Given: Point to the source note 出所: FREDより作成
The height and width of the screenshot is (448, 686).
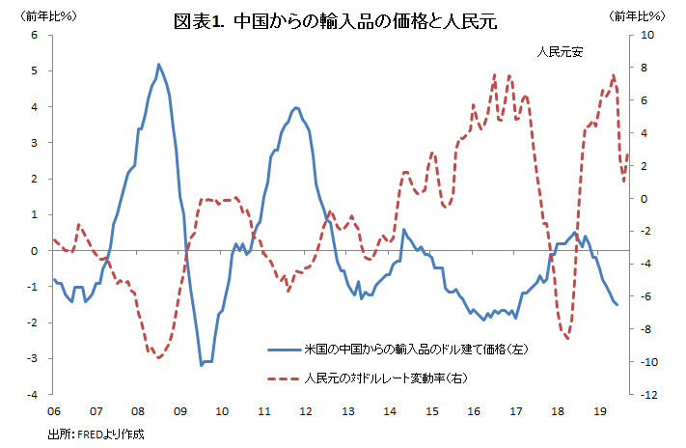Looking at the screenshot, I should [96, 434].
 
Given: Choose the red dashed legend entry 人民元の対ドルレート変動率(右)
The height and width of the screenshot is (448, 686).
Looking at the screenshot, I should [386, 378].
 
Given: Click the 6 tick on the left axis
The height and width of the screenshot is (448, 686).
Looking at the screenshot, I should [34, 35].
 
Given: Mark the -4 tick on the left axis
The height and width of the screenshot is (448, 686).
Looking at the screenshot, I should [32, 395].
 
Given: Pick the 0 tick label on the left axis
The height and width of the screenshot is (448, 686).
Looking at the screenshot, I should [34, 251].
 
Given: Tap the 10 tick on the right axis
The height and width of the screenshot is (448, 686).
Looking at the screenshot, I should [646, 35].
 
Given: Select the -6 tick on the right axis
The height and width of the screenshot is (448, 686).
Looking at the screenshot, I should [646, 296].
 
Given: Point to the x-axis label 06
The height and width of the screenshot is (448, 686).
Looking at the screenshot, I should [54, 410].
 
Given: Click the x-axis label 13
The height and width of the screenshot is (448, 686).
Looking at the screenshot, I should [347, 410].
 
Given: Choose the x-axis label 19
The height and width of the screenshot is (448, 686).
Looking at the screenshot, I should [600, 410].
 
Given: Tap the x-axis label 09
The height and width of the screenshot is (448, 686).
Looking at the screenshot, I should [179, 410].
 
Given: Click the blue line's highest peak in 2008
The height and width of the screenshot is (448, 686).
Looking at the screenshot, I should [158, 65].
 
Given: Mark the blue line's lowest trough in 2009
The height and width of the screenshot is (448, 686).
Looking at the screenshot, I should [201, 365].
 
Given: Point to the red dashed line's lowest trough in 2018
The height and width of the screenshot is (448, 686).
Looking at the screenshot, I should [567, 338].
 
